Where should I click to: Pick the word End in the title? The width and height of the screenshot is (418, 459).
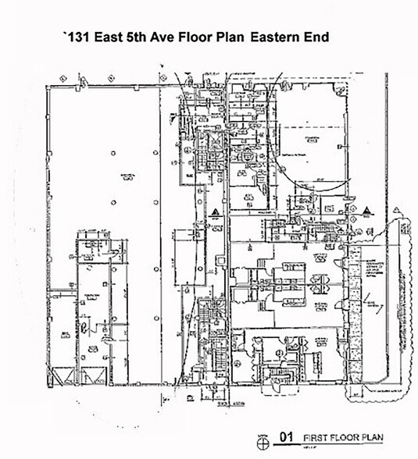[x=320, y=36]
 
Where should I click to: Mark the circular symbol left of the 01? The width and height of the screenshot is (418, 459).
[x=263, y=442]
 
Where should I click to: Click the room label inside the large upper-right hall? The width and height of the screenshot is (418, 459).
[x=313, y=140]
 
